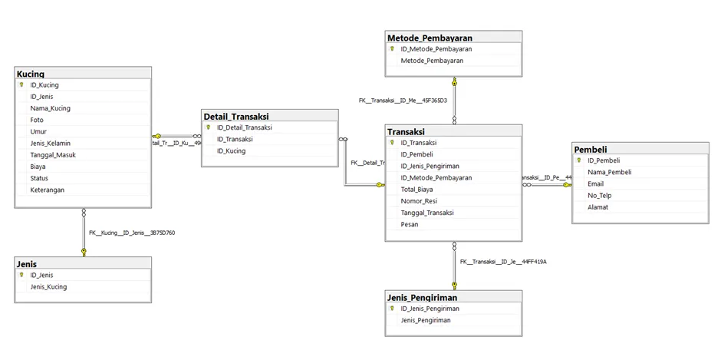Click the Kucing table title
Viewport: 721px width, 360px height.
point(30,74)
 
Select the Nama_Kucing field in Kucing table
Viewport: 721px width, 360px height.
point(50,108)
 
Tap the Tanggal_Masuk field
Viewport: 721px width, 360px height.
point(53,155)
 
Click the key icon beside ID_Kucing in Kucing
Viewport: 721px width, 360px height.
point(21,85)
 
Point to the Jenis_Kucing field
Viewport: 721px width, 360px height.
point(48,287)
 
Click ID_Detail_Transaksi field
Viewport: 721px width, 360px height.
point(244,127)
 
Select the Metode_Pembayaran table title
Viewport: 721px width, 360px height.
point(430,38)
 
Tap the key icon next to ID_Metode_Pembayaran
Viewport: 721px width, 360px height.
point(392,48)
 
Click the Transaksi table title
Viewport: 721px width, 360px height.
point(406,131)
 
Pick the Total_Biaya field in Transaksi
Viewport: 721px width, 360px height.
point(416,190)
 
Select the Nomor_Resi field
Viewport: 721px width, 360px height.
point(418,201)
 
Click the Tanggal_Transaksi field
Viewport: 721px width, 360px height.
point(427,213)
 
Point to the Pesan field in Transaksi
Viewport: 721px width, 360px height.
point(410,224)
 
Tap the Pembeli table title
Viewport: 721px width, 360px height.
point(590,149)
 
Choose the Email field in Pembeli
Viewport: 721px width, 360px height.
point(595,183)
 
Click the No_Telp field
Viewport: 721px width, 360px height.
point(599,195)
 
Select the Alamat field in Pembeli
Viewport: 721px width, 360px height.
point(598,206)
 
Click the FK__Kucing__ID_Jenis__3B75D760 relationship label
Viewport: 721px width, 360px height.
point(132,233)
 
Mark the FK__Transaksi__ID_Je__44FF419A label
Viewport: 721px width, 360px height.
point(503,262)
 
